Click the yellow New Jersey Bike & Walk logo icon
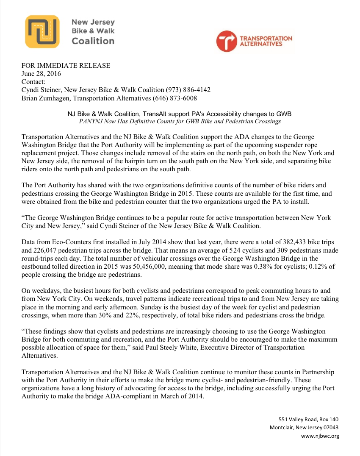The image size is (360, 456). tap(42, 32)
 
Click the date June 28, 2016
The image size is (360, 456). tap(41, 73)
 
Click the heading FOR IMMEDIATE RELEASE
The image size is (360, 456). tap(66, 65)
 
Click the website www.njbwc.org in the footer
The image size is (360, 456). tap(320, 436)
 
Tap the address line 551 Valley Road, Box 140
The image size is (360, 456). tap(308, 419)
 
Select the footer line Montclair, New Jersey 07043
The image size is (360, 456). tap(304, 427)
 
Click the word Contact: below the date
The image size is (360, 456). tap(33, 81)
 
